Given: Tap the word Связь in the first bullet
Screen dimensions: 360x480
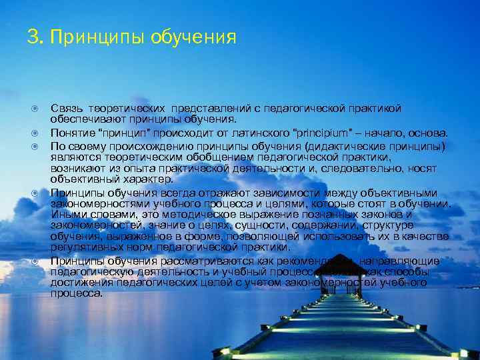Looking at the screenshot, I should pos(66,108).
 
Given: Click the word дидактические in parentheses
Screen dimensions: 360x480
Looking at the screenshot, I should pos(361,145).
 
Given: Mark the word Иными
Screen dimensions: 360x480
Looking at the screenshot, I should pos(67,215).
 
